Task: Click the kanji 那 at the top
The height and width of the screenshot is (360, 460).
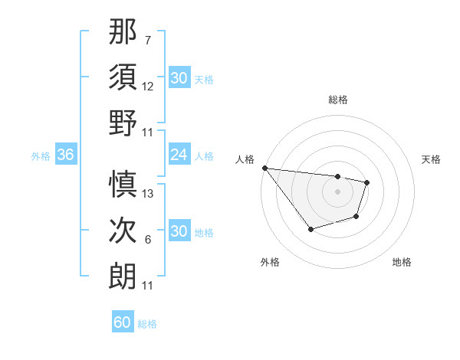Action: tap(123, 32)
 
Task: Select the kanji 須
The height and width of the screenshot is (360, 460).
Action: tap(123, 77)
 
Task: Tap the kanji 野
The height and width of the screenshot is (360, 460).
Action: tap(123, 123)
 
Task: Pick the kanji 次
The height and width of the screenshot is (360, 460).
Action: tap(123, 229)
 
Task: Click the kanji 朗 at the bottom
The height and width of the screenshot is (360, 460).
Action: tap(123, 274)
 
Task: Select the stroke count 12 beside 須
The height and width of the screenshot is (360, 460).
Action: tap(148, 87)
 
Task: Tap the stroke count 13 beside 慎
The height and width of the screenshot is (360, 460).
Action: tap(148, 193)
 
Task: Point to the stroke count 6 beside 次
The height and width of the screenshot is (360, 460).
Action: tap(147, 239)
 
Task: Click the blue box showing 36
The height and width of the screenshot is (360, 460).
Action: tap(65, 155)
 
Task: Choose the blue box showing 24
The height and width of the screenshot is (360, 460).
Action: tap(179, 155)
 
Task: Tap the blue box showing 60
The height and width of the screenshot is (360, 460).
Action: tap(123, 322)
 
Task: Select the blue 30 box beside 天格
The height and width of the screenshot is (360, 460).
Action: tap(179, 77)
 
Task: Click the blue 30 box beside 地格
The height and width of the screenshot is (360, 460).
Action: tap(179, 231)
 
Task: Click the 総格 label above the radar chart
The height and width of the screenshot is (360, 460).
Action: tap(337, 100)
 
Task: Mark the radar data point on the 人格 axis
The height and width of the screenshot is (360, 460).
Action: tap(264, 168)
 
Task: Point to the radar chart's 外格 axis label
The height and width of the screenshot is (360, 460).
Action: tap(270, 262)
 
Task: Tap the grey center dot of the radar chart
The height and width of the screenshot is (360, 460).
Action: tap(337, 191)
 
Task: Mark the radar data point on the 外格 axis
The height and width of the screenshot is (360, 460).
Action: tap(310, 229)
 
